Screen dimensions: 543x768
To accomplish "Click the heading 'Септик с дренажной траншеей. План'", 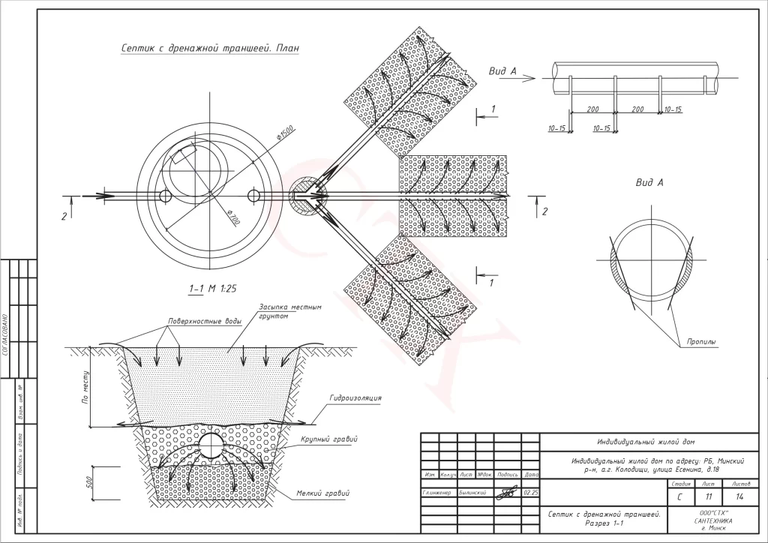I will click(x=210, y=49).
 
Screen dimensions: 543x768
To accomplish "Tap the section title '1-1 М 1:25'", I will click(x=214, y=288).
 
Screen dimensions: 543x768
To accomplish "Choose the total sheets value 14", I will click(x=739, y=496).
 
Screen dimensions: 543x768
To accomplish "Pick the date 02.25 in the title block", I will click(x=530, y=493).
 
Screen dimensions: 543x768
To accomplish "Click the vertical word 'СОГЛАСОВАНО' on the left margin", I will click(x=7, y=344).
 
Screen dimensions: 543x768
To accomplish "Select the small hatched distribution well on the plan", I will click(x=304, y=197).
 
